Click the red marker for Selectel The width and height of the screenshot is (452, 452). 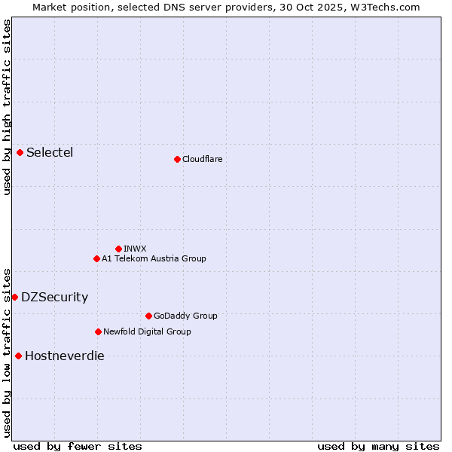coord(20,153)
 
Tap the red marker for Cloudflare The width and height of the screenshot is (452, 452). coord(177,159)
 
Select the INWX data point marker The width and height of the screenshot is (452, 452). coord(118,249)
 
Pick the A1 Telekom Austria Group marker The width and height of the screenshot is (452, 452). coord(96,258)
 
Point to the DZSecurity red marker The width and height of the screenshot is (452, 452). coord(14,297)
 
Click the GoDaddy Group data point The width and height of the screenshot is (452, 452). coord(148,316)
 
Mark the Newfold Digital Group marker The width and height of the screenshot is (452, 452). coord(98,331)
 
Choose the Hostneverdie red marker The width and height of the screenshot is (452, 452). coord(18,356)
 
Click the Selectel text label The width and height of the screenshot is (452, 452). coord(50,153)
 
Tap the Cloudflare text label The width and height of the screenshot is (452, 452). coord(202,159)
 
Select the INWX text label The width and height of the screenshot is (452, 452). coord(135,249)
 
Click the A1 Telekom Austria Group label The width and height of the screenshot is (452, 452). coord(154,258)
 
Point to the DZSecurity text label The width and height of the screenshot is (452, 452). coord(54,297)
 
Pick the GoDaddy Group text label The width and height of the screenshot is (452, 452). coord(185,316)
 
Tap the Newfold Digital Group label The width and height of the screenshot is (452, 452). coord(147,331)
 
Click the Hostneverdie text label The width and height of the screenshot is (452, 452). coord(64,356)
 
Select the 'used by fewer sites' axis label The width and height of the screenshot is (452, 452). coord(78,446)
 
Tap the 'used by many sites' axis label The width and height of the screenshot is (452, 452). coord(378,446)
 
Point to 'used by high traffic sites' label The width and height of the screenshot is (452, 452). coord(7,107)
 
